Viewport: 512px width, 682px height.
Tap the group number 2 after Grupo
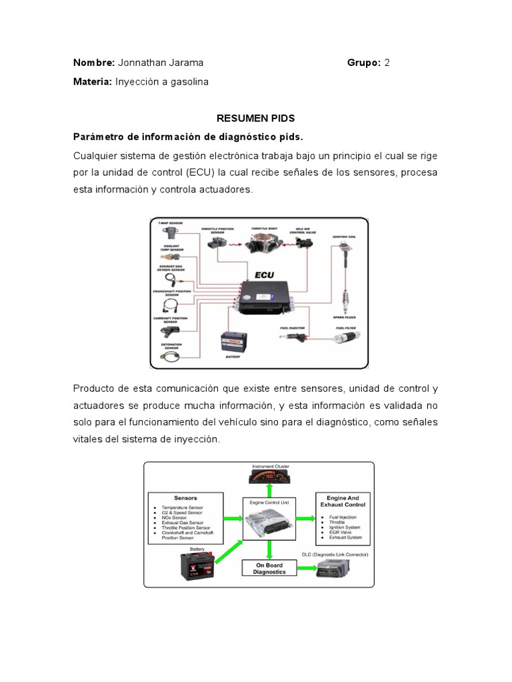pos(387,63)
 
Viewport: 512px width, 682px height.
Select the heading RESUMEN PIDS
pos(256,119)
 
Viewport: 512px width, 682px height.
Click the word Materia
pos(92,81)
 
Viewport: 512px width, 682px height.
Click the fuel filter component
pos(345,340)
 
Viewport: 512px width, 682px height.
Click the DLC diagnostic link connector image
pos(338,568)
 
